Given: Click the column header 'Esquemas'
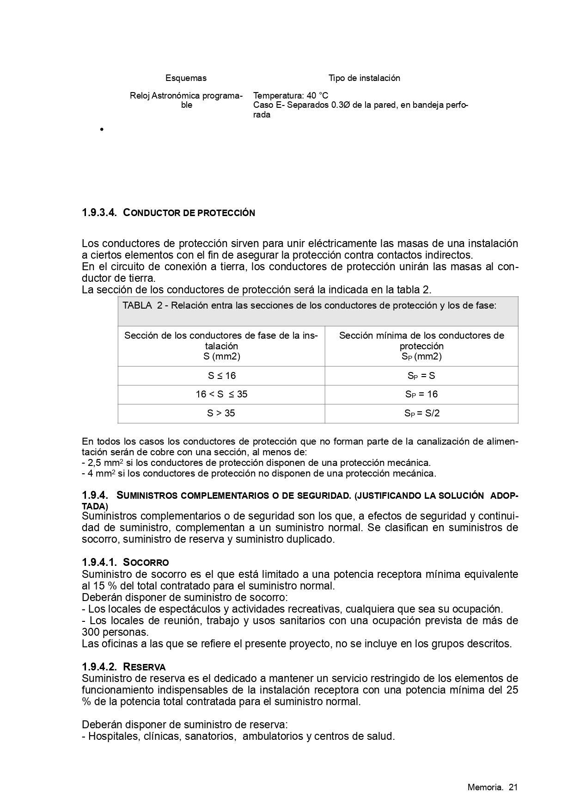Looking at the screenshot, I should point(186,78).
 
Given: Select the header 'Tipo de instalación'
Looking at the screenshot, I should point(364,78).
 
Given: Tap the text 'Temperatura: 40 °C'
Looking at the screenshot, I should point(291,96).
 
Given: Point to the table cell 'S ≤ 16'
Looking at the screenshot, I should point(221,376).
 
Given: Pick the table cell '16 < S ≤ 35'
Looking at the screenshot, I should point(221,394).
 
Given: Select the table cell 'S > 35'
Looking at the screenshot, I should point(221,413).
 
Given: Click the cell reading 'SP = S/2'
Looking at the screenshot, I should point(422,413).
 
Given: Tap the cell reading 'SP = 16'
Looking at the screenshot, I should point(421,394).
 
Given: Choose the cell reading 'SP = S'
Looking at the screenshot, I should point(421,376).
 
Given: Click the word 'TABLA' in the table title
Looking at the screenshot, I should point(137,305).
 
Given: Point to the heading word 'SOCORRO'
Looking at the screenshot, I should point(146,563).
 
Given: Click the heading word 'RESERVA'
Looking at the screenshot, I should point(144,667).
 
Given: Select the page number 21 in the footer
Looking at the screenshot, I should point(513,787).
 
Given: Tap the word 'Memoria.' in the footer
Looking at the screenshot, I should point(485,787).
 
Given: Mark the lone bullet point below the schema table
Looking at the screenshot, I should point(100,130).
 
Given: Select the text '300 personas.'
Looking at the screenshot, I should point(115,632).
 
